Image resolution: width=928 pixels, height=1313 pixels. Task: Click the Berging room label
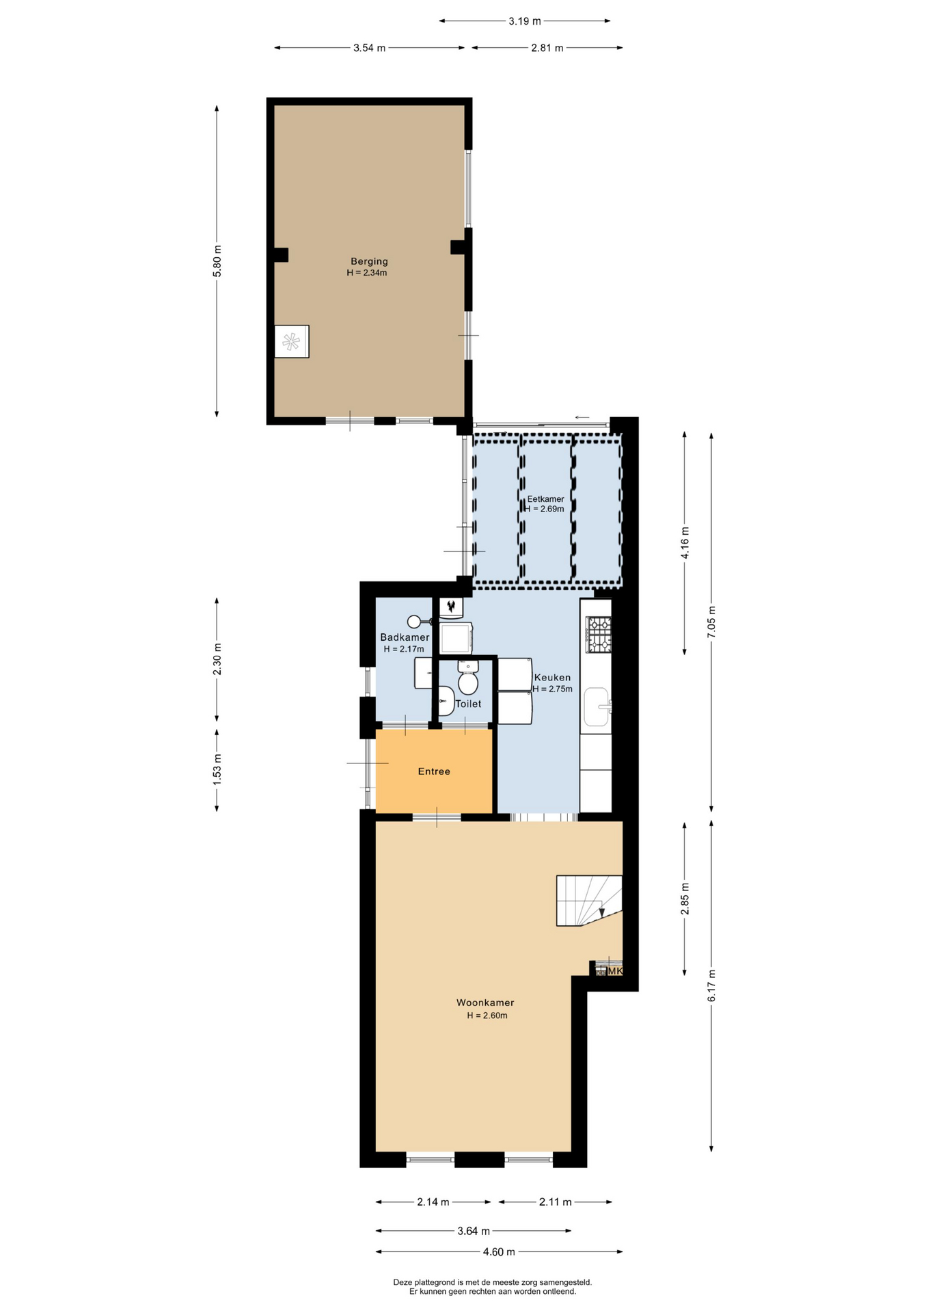coord(369,261)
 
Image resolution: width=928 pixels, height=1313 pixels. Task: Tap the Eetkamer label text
coord(545,499)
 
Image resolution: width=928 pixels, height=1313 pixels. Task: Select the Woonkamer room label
coord(485,1003)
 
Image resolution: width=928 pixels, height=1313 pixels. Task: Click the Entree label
coord(434,771)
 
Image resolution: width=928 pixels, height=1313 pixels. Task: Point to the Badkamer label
coord(405,637)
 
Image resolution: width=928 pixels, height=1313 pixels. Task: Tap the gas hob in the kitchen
coord(599,635)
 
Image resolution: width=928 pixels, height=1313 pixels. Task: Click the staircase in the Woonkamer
coord(589,901)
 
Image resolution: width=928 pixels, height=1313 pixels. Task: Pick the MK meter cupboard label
coord(615,971)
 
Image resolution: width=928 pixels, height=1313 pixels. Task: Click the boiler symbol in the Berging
coord(292,341)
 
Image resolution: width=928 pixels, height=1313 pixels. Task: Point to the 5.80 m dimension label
coord(217,261)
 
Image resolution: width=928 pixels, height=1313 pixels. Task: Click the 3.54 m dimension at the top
coord(369,48)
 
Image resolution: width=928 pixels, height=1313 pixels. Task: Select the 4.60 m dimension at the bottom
coord(499,1252)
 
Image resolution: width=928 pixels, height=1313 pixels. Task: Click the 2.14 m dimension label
coord(433,1202)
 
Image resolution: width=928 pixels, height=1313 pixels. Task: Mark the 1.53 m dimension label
coord(217,769)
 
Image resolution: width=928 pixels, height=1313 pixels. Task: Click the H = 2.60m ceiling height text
coord(487,1016)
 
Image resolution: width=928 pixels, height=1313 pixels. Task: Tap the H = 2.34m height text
coord(367,273)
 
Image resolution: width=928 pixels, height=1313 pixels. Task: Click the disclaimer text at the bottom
coord(493,1287)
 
